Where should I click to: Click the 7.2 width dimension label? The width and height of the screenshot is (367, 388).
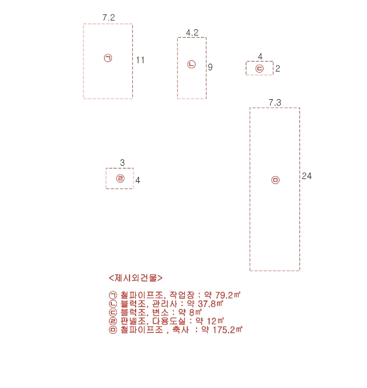[x=108, y=18]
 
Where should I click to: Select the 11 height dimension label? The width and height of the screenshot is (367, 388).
[x=140, y=60]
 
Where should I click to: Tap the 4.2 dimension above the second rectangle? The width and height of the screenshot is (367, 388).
[x=192, y=33]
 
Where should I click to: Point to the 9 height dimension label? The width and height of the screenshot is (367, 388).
[x=210, y=67]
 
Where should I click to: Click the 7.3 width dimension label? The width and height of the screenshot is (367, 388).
[x=275, y=103]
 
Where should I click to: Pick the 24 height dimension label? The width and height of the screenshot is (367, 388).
[x=307, y=176]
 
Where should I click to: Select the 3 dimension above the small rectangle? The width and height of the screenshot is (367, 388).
[x=122, y=162]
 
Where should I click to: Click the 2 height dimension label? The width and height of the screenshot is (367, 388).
[x=278, y=69]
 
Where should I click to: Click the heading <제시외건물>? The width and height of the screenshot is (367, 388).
[x=136, y=278]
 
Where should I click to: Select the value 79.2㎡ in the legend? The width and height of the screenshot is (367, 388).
[x=228, y=295]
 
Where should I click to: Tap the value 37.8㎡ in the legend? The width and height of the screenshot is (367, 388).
[x=210, y=304]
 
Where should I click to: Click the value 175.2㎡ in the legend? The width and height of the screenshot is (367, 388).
[x=228, y=330]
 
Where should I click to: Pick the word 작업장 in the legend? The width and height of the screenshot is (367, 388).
[x=182, y=295]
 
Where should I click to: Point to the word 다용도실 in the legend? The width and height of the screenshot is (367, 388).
[x=168, y=321]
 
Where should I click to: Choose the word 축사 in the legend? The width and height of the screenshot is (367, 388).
[x=180, y=330]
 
